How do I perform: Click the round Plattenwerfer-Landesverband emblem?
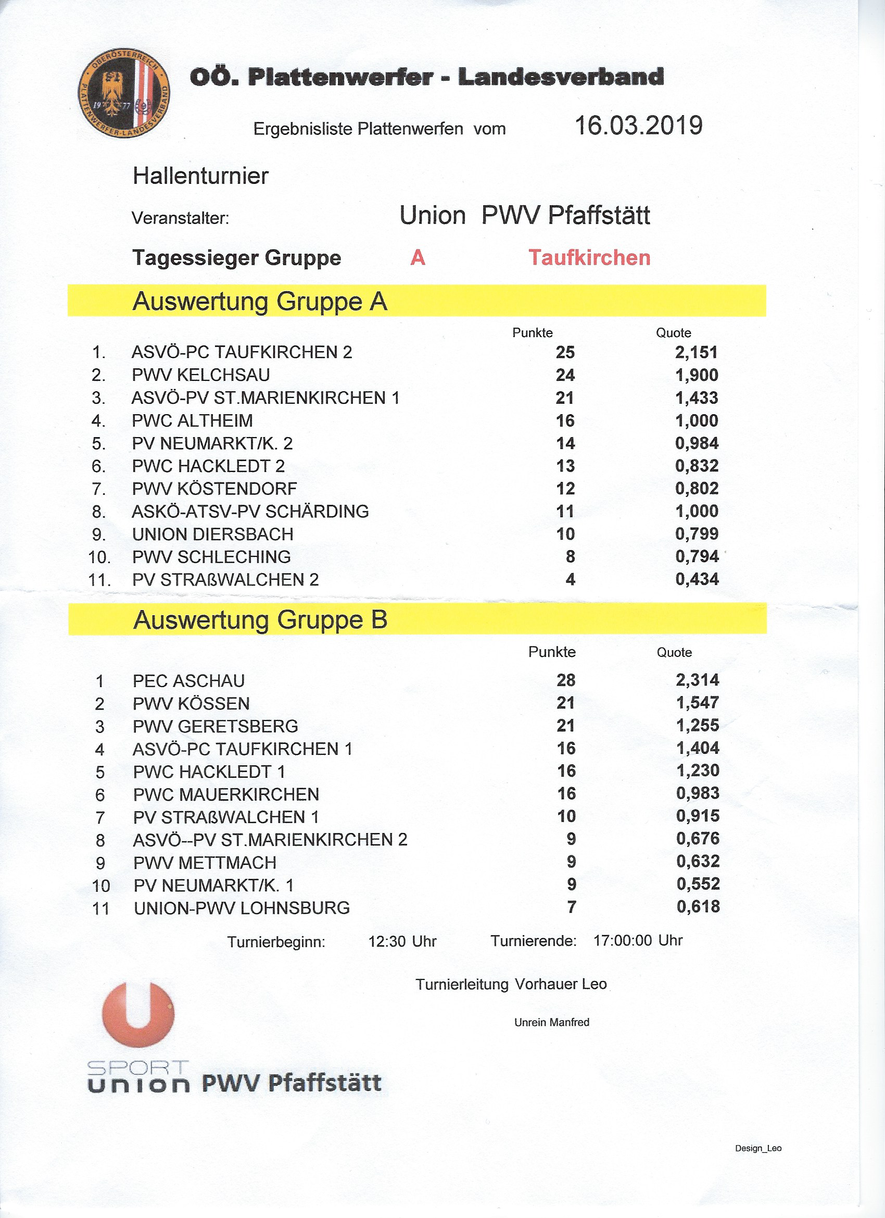point(124,94)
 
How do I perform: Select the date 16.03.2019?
point(638,126)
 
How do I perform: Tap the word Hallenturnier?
point(200,176)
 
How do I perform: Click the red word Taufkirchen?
point(589,258)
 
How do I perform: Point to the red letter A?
point(418,258)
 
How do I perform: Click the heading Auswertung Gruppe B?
point(260,620)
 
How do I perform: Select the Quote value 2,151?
point(696,352)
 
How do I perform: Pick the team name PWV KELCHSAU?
point(201,375)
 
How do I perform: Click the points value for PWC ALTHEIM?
point(565,420)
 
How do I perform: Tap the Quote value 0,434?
point(697,579)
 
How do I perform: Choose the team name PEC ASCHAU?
point(188,681)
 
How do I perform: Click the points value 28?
point(566,680)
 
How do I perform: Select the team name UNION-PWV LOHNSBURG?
point(242,908)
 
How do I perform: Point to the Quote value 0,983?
point(698,793)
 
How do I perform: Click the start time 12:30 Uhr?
point(402,941)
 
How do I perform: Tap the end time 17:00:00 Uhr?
point(638,941)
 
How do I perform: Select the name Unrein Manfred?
point(552,1023)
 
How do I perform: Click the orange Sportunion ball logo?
point(138,1014)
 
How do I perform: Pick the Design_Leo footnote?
point(758,1149)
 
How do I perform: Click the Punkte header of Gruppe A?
point(532,333)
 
